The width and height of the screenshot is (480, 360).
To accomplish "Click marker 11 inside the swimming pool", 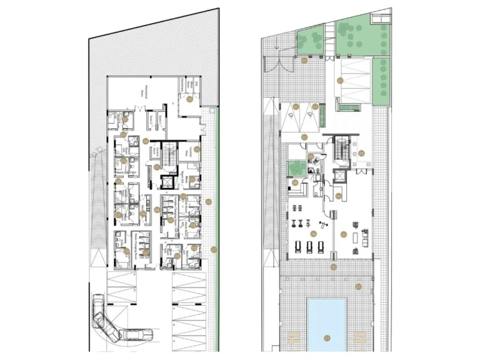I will coord(326,338).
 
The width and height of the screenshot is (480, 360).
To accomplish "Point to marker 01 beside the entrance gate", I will coord(303,61).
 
